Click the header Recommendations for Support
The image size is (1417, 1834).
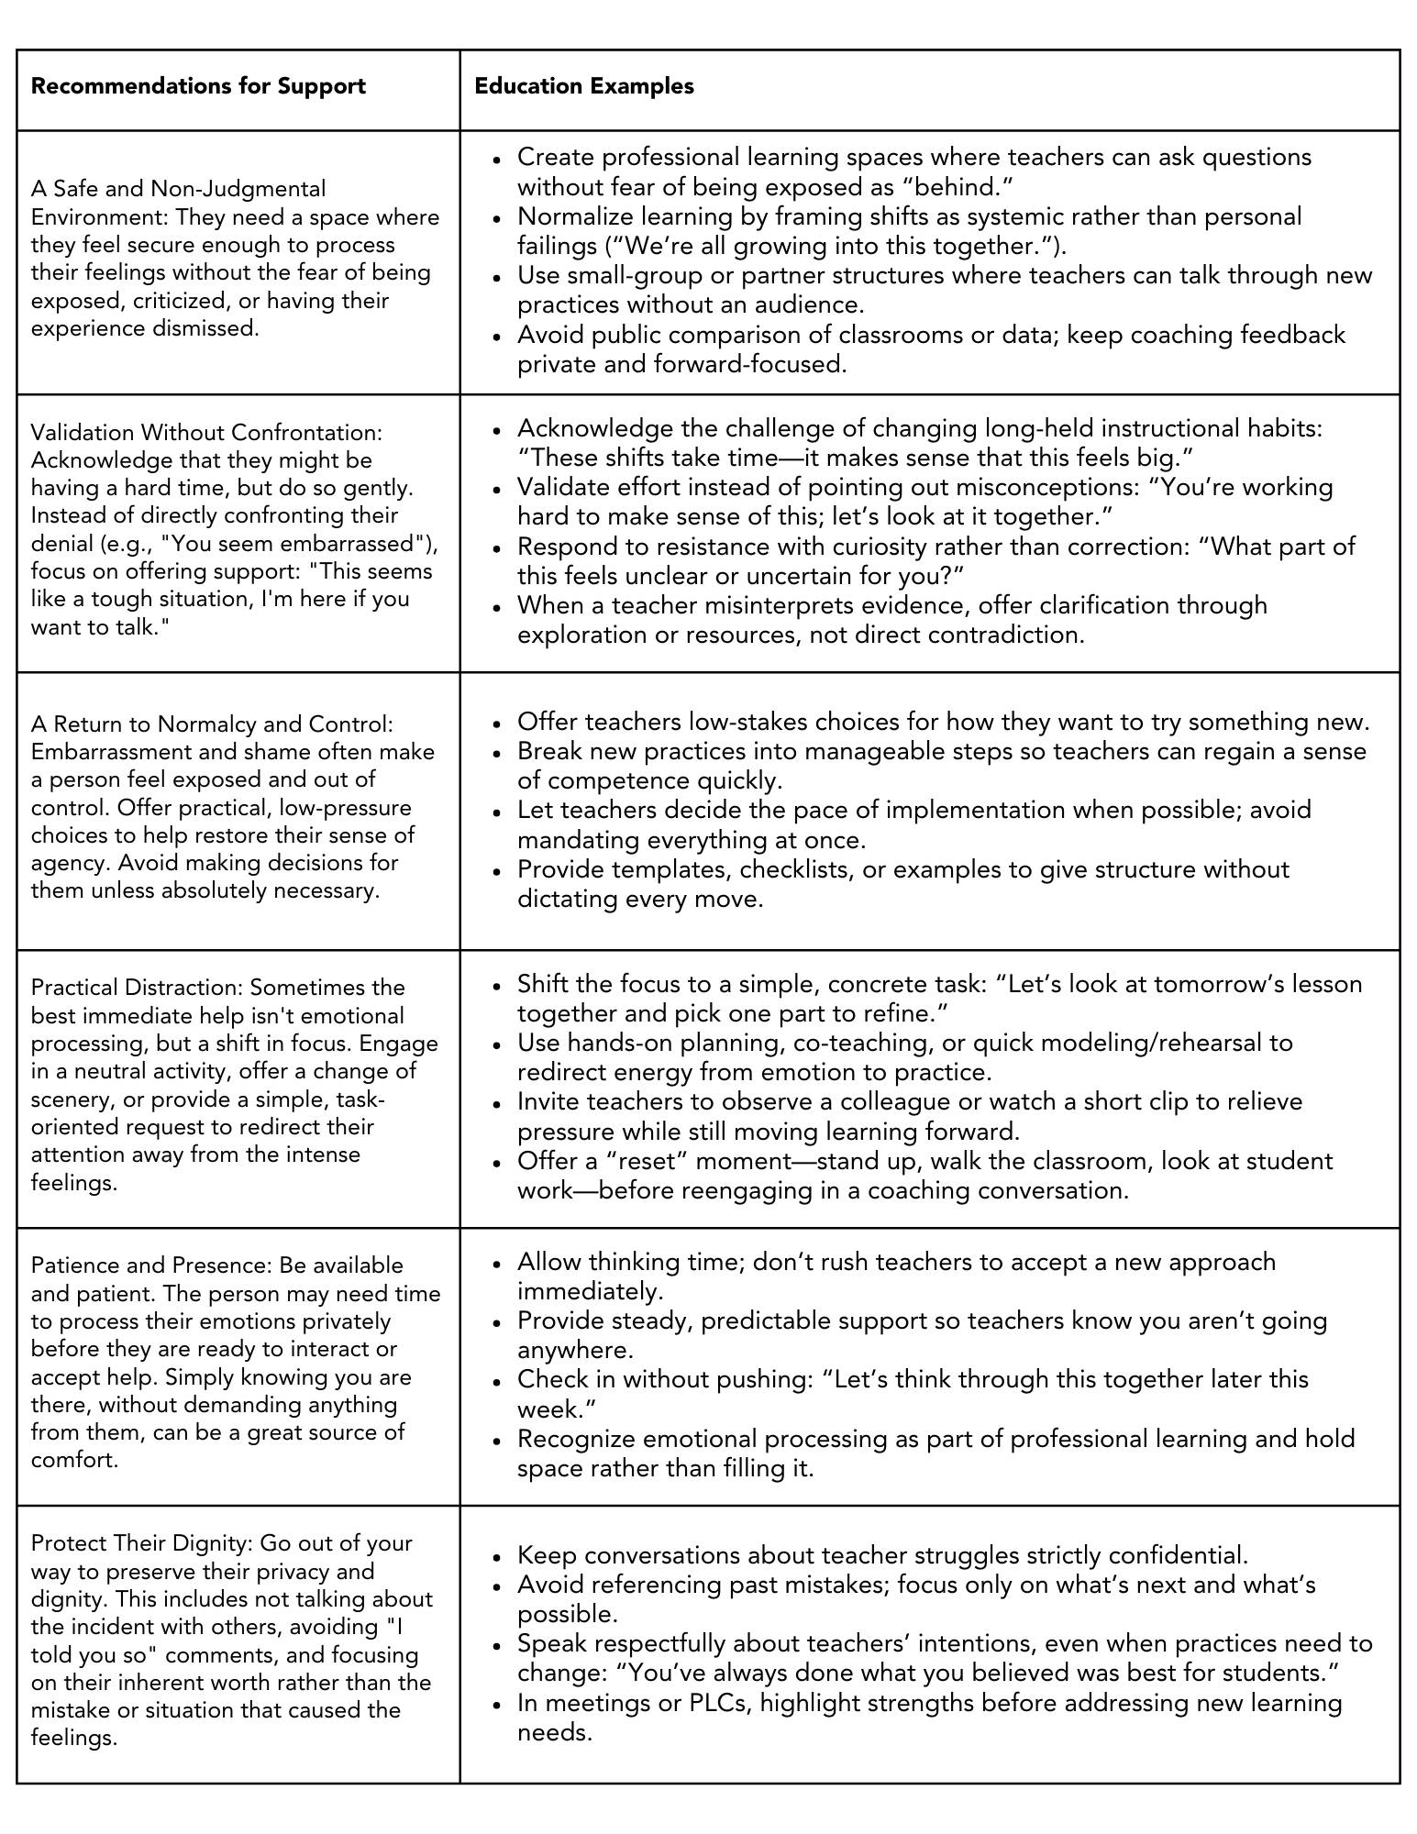(198, 86)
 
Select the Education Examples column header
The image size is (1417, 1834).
(584, 86)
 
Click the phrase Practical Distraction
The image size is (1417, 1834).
(137, 988)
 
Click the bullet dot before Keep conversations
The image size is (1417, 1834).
(497, 1557)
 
